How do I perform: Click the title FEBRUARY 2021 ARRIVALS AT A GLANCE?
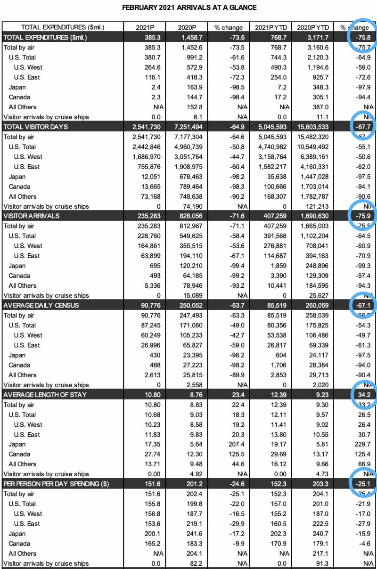pyautogui.click(x=189, y=8)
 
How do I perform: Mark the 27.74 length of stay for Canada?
pyautogui.click(x=150, y=454)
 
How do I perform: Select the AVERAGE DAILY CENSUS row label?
pyautogui.click(x=41, y=305)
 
